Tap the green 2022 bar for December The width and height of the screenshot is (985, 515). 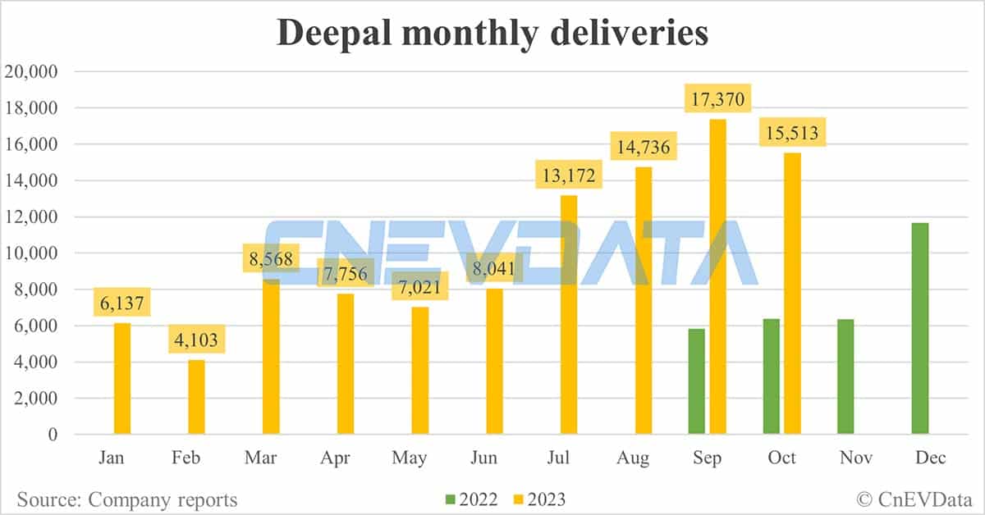tap(920, 328)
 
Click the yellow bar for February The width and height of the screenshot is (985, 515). tap(196, 397)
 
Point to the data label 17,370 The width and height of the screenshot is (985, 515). tap(717, 98)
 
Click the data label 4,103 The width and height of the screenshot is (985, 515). tap(196, 340)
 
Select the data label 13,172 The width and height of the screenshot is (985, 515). tap(568, 174)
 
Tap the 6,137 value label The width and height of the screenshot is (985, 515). tap(121, 303)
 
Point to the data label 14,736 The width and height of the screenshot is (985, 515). tap(643, 148)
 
